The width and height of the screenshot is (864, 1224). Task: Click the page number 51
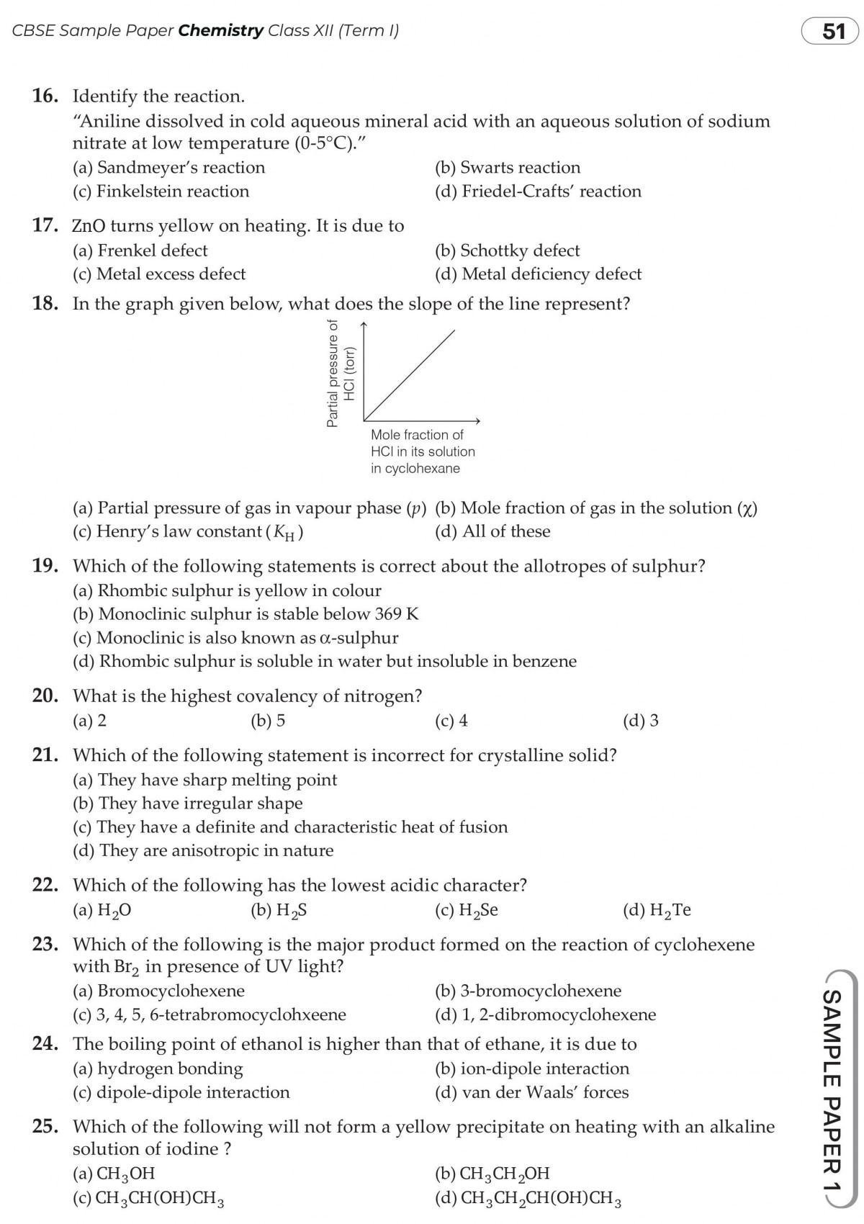pyautogui.click(x=833, y=32)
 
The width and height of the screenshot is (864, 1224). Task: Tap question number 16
pyautogui.click(x=45, y=96)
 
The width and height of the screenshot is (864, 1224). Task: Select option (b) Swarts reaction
pyautogui.click(x=508, y=168)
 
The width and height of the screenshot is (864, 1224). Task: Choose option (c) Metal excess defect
pyautogui.click(x=159, y=274)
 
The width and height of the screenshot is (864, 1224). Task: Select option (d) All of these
pyautogui.click(x=492, y=531)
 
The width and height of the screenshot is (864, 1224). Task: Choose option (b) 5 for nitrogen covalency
pyautogui.click(x=268, y=721)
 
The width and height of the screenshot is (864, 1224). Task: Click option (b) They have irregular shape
pyautogui.click(x=188, y=804)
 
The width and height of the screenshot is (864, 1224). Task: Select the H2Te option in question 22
pyautogui.click(x=657, y=911)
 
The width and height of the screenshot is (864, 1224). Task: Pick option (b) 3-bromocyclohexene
pyautogui.click(x=528, y=991)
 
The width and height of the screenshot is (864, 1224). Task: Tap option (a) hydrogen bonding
pyautogui.click(x=158, y=1068)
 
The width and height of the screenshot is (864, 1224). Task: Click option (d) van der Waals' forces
pyautogui.click(x=531, y=1093)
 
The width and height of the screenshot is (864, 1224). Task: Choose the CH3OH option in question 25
pyautogui.click(x=114, y=1174)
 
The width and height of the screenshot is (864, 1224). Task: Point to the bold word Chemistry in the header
pyautogui.click(x=221, y=30)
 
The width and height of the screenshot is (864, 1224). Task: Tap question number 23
pyautogui.click(x=45, y=945)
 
